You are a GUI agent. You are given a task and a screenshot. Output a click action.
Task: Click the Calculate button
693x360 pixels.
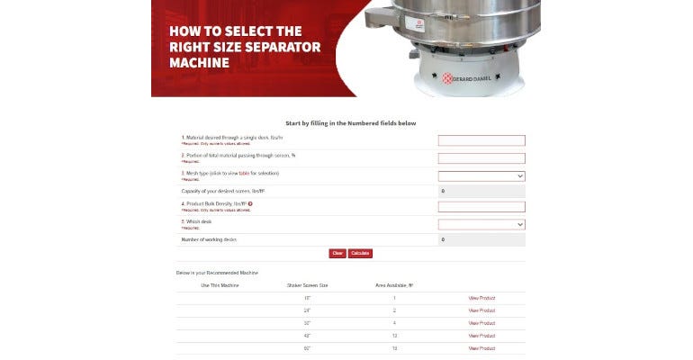click(360, 254)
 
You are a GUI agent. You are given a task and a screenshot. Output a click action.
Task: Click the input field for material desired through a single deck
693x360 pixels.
click(481, 140)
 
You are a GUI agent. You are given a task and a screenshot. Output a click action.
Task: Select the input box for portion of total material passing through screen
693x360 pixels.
click(481, 157)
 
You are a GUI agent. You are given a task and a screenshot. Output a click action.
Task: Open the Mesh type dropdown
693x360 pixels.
click(481, 175)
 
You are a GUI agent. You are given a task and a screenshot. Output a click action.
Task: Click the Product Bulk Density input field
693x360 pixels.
click(481, 207)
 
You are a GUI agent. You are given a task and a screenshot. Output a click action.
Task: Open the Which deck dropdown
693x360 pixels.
click(481, 224)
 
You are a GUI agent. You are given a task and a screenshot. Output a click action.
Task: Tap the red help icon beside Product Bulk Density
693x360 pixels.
click(250, 204)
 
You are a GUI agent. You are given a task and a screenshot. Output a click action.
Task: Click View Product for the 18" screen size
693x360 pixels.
click(481, 298)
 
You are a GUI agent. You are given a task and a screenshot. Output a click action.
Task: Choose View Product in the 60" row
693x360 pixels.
click(481, 348)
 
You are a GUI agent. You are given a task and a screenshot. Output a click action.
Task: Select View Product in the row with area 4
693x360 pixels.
click(481, 323)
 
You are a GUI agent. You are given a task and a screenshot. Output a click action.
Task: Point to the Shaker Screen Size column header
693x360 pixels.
click(307, 285)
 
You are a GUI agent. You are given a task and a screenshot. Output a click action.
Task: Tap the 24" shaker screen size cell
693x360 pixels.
click(307, 310)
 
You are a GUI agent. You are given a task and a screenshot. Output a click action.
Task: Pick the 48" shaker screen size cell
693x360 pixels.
click(307, 336)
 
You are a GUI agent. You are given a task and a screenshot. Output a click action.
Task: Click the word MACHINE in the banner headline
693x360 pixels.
click(200, 63)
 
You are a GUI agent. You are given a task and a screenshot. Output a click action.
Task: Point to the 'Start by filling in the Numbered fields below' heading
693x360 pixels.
click(350, 123)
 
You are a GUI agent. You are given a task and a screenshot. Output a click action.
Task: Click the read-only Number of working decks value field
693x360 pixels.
click(481, 239)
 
